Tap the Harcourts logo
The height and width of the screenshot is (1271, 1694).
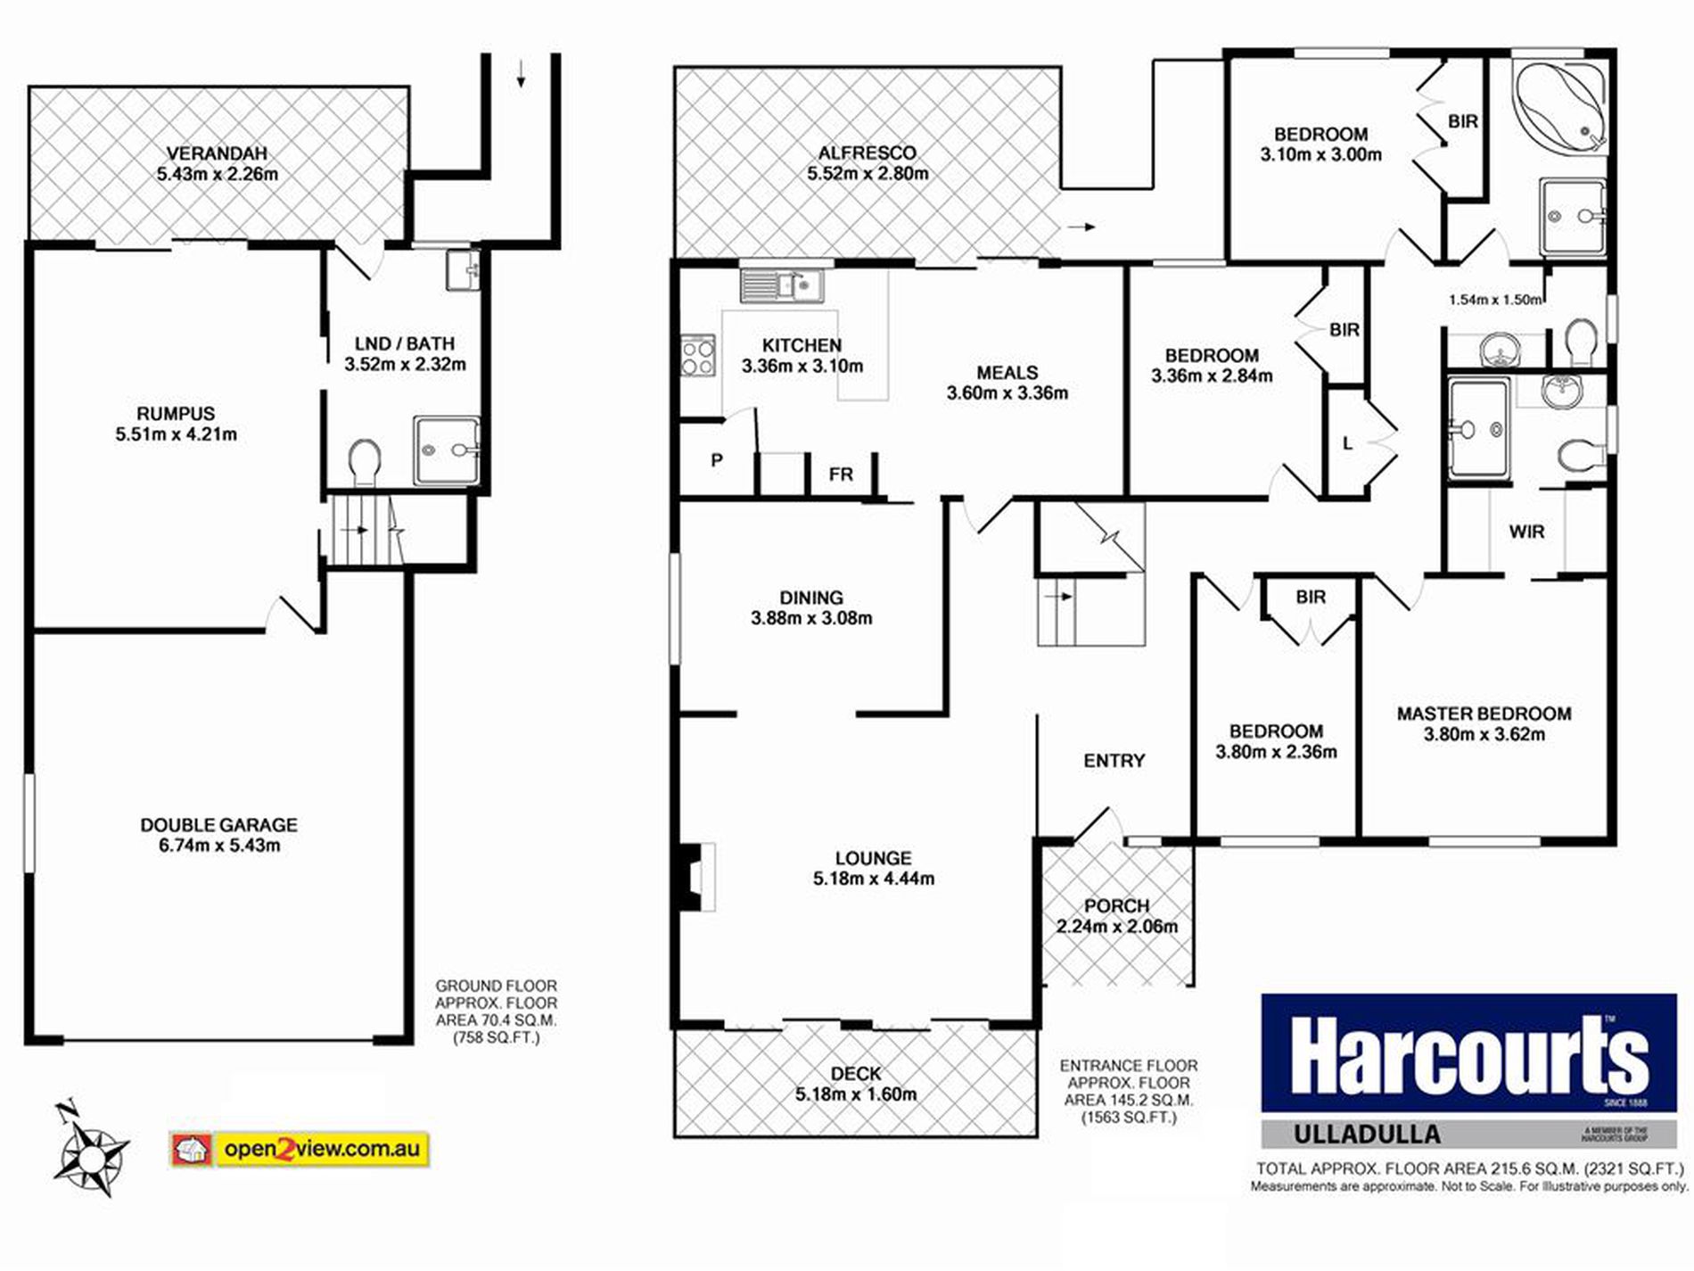1468,1054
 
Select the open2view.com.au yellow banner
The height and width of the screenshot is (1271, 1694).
300,1148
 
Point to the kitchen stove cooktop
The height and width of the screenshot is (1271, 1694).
698,354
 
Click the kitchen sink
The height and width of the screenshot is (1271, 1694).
782,285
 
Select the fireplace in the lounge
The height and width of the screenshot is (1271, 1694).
695,877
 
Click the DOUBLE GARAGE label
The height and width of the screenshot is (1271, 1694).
218,825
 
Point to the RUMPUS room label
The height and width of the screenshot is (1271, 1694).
176,414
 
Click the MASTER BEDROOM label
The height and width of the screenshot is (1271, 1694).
1484,714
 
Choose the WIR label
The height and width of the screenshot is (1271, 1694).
1526,532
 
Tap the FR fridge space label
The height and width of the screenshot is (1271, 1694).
840,475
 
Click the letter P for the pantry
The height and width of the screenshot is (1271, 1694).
716,461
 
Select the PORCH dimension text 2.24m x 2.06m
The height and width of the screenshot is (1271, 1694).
1116,927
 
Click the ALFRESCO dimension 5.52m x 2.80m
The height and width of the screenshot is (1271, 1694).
868,174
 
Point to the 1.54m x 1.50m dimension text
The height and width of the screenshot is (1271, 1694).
1494,300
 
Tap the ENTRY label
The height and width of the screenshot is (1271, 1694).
1114,761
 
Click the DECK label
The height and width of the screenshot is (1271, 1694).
855,1074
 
